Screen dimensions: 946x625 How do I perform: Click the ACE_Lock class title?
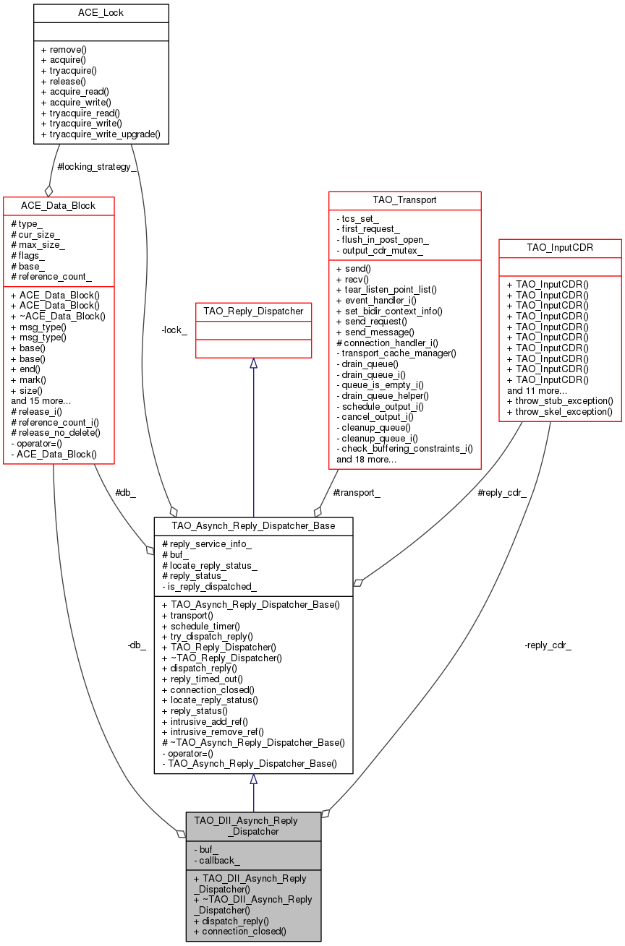pyautogui.click(x=101, y=13)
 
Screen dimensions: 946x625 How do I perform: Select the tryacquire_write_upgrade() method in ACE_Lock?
pyautogui.click(x=101, y=134)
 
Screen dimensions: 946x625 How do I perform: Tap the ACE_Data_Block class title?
pyautogui.click(x=59, y=205)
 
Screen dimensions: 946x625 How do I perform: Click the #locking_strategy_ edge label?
pyautogui.click(x=96, y=167)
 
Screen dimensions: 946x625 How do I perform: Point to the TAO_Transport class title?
pyautogui.click(x=404, y=199)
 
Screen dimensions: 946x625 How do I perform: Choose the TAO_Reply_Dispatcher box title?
pyautogui.click(x=253, y=311)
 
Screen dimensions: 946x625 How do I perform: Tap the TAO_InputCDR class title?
pyautogui.click(x=560, y=247)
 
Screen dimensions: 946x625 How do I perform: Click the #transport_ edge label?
pyautogui.click(x=356, y=492)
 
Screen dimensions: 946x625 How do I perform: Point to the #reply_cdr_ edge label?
pyautogui.click(x=502, y=492)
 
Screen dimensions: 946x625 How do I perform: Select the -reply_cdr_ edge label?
pyautogui.click(x=548, y=645)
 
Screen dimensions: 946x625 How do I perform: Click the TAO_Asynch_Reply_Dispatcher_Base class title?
pyautogui.click(x=253, y=525)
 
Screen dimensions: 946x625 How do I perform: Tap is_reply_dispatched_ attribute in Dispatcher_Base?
pyautogui.click(x=210, y=586)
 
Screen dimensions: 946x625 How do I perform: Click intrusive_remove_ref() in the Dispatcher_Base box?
pyautogui.click(x=213, y=731)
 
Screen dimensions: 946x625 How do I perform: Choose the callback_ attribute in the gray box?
pyautogui.click(x=217, y=860)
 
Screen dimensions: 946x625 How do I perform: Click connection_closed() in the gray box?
pyautogui.click(x=239, y=931)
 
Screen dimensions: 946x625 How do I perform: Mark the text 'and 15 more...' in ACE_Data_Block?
pyautogui.click(x=41, y=400)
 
